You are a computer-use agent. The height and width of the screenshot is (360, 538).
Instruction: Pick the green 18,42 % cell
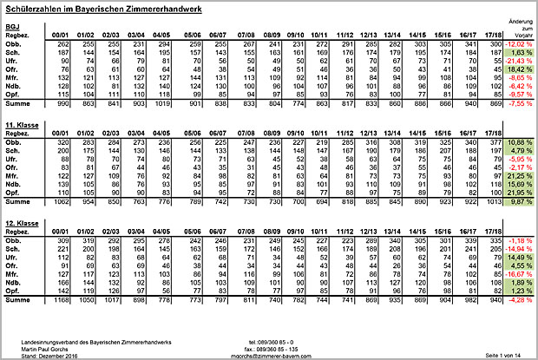[x=517, y=69]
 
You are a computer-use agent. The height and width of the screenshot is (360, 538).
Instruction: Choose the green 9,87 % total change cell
[x=518, y=201]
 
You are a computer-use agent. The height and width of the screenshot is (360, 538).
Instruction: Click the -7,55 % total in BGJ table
[x=517, y=103]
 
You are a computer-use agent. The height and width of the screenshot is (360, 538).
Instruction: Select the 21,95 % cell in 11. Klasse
[x=516, y=192]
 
